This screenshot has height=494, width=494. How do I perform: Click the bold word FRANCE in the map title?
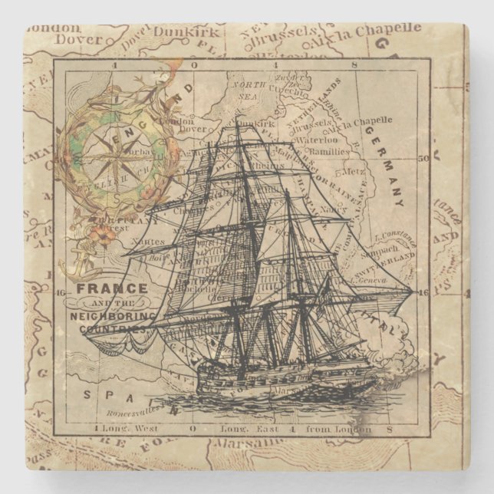[x=100, y=290]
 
